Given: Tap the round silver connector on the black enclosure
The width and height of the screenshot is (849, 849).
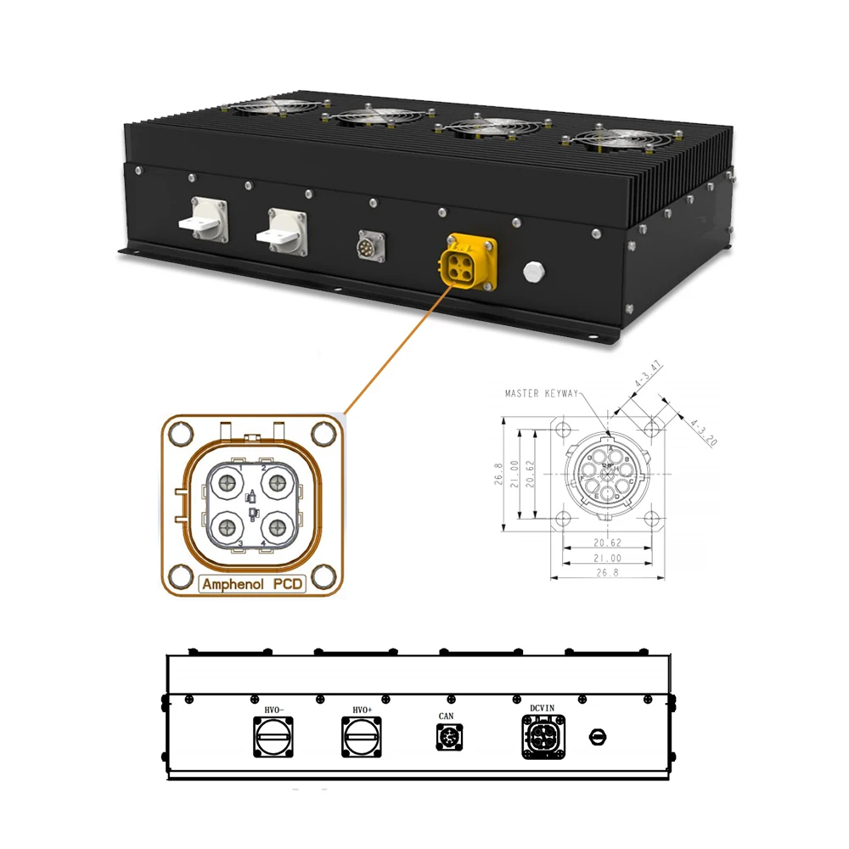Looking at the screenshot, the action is [x=370, y=246].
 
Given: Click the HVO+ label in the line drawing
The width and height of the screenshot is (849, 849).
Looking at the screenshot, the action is [x=363, y=707].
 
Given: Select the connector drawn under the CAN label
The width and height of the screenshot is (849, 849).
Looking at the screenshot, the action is [x=447, y=739].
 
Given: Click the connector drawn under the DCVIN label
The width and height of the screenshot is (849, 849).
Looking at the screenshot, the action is [x=543, y=737].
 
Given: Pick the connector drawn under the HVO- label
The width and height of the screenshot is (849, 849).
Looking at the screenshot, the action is [x=273, y=736].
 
